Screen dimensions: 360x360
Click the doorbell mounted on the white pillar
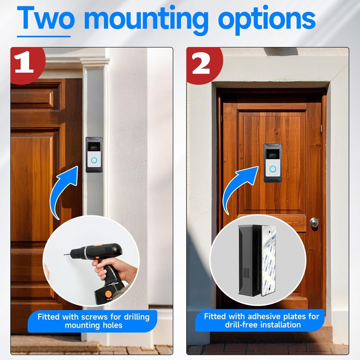94,154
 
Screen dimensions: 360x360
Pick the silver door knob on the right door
314,222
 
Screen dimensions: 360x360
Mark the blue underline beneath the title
44,36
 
